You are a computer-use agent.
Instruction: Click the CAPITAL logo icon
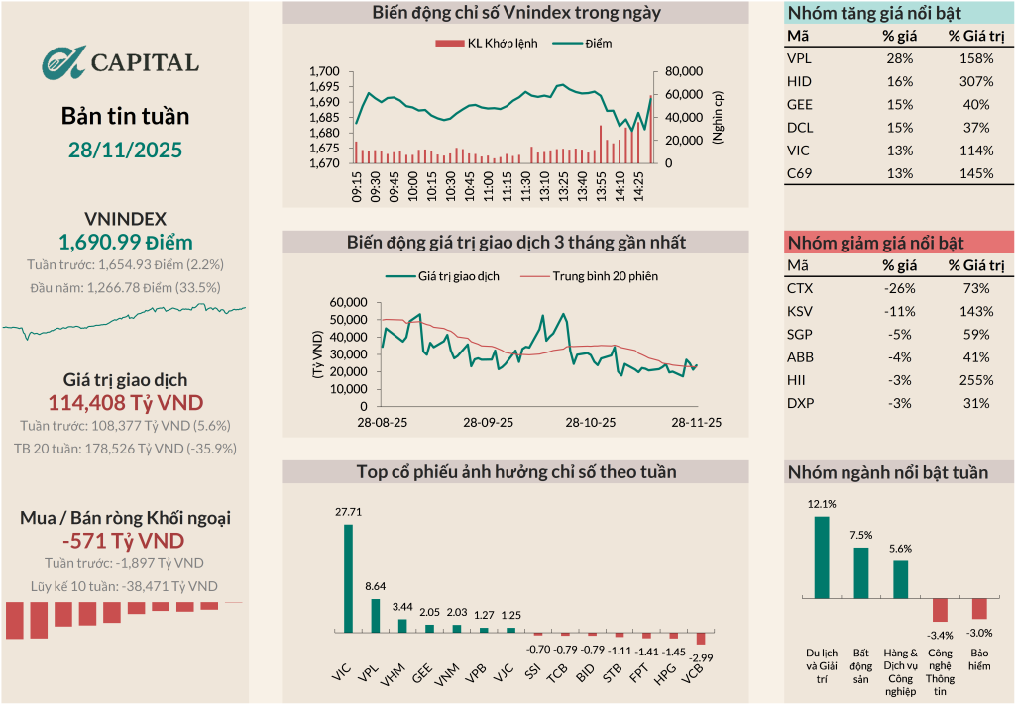coord(63,62)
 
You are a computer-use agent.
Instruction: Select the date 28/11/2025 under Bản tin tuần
coord(125,150)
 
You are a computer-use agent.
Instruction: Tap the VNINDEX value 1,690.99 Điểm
coord(125,242)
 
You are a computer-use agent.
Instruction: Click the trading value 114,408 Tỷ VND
coord(125,402)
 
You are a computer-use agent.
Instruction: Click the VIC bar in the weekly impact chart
coord(348,578)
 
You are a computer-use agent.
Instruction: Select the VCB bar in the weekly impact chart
coord(700,639)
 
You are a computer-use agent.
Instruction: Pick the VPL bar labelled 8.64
coord(375,615)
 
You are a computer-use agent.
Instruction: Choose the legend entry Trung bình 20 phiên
coord(605,276)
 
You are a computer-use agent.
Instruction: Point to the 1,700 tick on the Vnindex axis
coord(324,72)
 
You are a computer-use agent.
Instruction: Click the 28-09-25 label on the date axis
coord(489,422)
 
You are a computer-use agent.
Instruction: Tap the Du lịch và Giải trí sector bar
coord(821,557)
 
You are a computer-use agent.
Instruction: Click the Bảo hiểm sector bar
coord(979,609)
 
